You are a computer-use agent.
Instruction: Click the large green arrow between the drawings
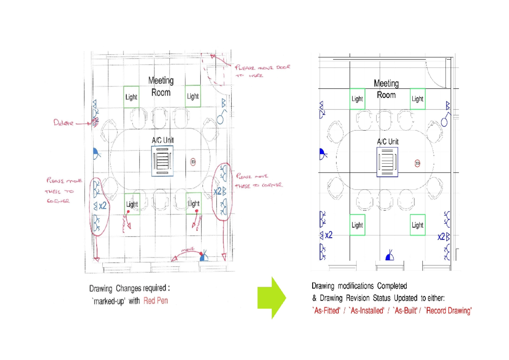272,298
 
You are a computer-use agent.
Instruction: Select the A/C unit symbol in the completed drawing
388,162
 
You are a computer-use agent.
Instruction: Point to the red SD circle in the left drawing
193,162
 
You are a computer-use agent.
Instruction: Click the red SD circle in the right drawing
417,163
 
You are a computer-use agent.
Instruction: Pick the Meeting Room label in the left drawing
161,86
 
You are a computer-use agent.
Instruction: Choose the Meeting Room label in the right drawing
386,89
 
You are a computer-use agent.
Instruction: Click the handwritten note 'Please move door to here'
262,71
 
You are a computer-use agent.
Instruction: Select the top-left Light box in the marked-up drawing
131,97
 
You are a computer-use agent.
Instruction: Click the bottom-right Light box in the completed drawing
417,225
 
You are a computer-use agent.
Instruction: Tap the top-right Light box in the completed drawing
417,99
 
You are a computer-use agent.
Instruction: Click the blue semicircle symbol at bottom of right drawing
390,256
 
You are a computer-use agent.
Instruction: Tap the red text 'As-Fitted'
326,311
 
